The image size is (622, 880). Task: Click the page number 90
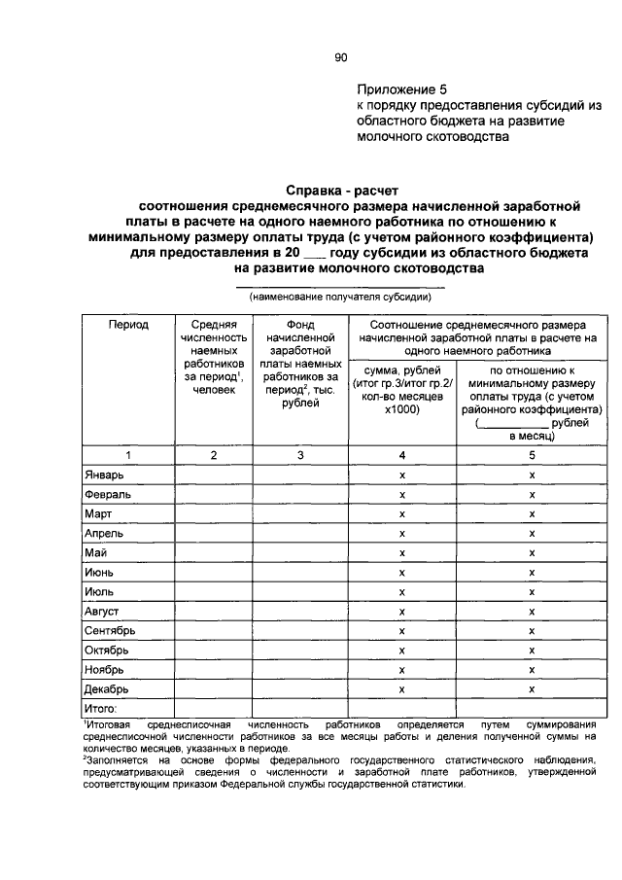click(341, 58)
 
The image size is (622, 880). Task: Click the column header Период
click(128, 325)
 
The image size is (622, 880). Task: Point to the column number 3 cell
click(300, 454)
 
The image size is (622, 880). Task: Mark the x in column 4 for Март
click(402, 513)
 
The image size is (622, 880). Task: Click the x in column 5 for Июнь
click(532, 572)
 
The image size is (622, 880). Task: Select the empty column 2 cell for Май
click(214, 552)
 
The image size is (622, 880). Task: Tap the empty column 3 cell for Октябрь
click(300, 650)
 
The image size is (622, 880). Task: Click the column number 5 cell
click(532, 454)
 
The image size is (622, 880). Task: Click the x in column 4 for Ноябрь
click(402, 669)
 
